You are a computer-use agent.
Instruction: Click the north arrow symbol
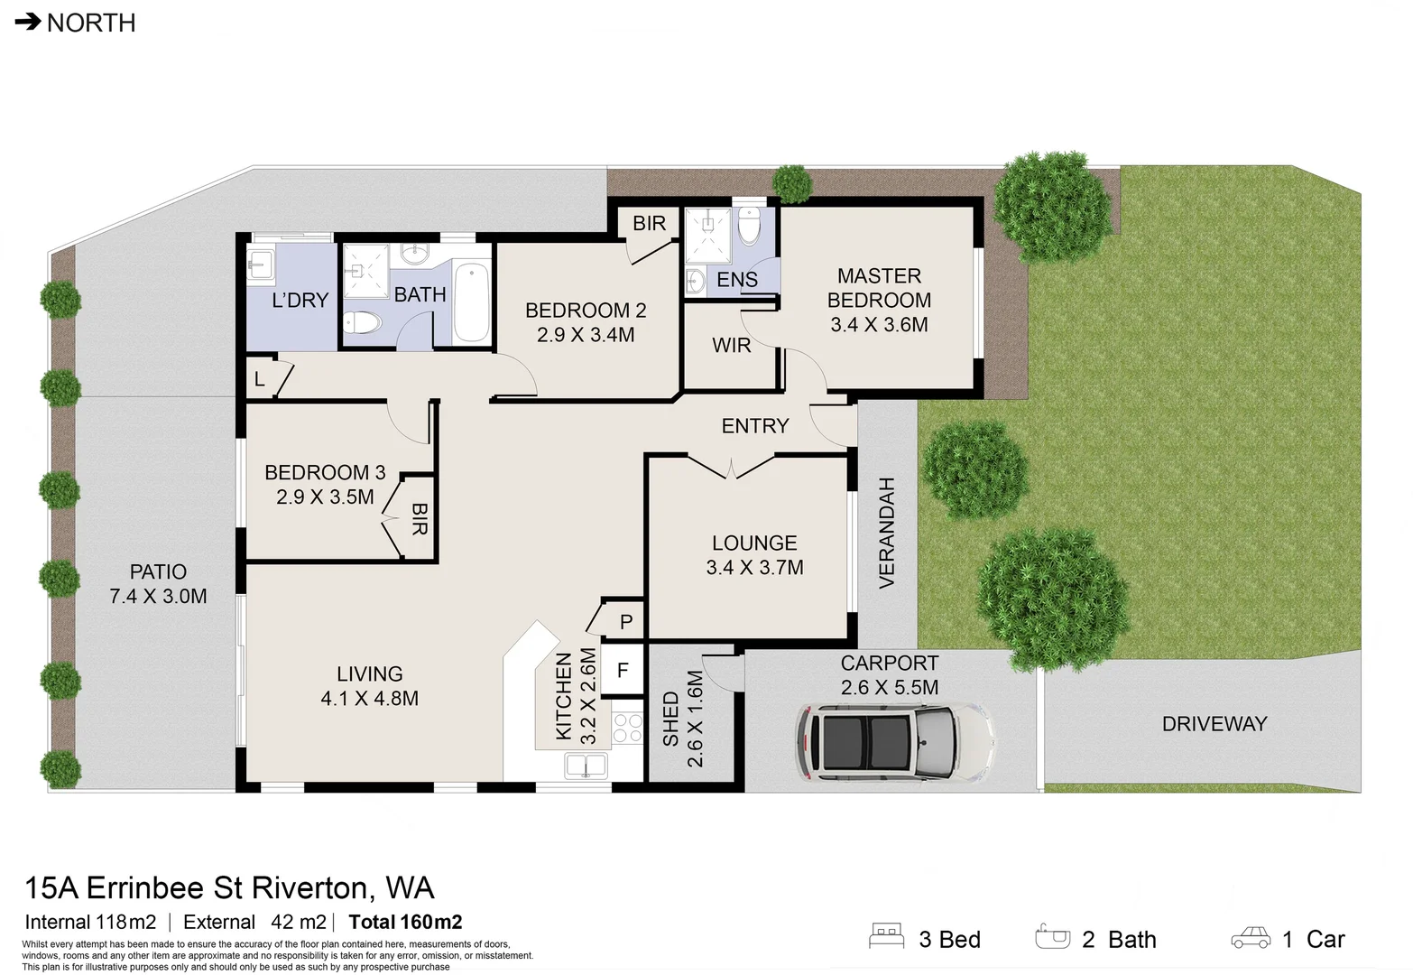(x=28, y=22)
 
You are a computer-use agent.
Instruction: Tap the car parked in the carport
(x=895, y=741)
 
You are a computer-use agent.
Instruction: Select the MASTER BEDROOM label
(x=879, y=288)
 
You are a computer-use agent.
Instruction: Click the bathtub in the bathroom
(x=471, y=302)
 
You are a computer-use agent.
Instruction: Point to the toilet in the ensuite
(x=749, y=226)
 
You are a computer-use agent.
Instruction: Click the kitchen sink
(x=586, y=766)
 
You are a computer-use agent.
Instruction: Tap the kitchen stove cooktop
(x=627, y=728)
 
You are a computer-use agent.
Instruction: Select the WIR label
(x=731, y=345)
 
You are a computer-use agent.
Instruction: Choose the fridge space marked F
(x=622, y=670)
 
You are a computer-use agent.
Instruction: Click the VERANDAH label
(x=886, y=534)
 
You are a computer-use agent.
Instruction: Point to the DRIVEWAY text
(x=1214, y=724)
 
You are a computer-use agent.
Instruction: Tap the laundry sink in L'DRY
(x=261, y=265)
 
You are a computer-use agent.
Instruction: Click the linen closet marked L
(x=260, y=378)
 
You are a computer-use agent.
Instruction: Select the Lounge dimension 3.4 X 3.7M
(x=754, y=567)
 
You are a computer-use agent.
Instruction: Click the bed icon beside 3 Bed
(x=886, y=935)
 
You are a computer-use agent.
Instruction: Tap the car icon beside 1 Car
(x=1251, y=938)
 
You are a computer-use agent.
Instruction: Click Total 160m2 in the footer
(x=406, y=922)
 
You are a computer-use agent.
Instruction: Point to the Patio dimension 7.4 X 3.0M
(x=158, y=597)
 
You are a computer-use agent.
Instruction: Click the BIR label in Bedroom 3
(x=420, y=519)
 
